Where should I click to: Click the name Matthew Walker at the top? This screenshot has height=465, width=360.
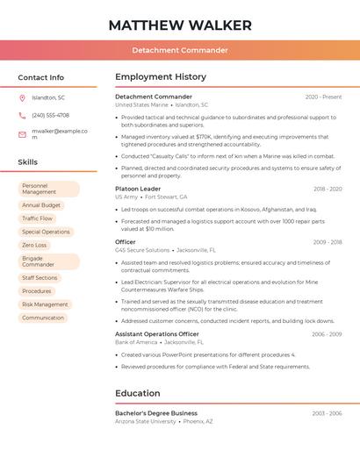point(180,25)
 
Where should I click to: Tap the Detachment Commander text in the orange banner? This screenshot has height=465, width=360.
point(180,50)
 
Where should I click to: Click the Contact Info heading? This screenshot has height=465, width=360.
point(41,77)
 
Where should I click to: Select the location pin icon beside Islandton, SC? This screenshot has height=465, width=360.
point(22,97)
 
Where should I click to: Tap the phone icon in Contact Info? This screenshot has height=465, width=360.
point(22,115)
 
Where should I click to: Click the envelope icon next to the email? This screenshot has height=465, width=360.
point(22,134)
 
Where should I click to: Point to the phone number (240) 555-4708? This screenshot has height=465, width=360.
point(50,115)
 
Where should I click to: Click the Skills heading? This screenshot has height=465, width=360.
point(28,162)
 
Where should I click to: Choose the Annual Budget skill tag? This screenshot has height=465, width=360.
point(41,205)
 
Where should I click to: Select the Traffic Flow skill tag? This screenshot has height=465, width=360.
point(38,218)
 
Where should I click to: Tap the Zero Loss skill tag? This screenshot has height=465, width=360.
point(35,245)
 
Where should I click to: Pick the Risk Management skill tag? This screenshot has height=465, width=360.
point(45,304)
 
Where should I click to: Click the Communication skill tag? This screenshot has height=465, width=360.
point(43,318)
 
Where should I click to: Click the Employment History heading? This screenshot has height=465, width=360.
point(161,77)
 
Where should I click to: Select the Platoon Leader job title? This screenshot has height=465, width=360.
point(138,189)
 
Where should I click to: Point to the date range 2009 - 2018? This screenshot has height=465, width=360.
point(327,242)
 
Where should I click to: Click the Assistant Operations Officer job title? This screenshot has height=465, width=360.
point(157,333)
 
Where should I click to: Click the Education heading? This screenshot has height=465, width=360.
point(138,393)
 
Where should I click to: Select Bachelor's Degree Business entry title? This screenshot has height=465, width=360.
point(156,412)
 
